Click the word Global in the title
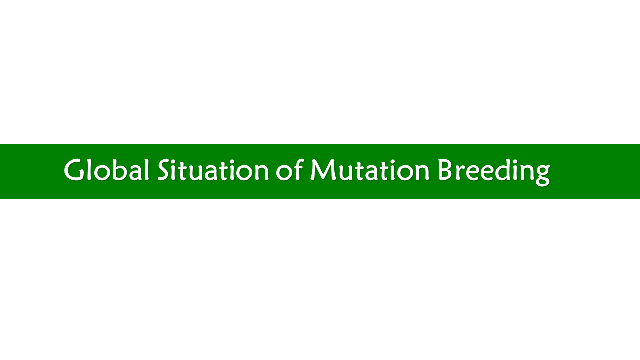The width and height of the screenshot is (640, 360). (107, 170)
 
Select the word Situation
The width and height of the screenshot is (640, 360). (213, 170)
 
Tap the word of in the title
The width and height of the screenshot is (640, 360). (289, 169)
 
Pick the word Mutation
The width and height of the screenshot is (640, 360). (370, 170)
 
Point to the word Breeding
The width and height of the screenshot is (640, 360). (494, 172)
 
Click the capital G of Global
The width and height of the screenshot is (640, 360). (74, 170)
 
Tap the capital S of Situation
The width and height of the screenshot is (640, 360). (165, 170)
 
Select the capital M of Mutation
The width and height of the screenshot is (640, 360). (323, 170)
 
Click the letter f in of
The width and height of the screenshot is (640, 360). (297, 169)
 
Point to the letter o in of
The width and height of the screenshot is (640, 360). (283, 173)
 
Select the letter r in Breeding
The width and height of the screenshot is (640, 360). (460, 173)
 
